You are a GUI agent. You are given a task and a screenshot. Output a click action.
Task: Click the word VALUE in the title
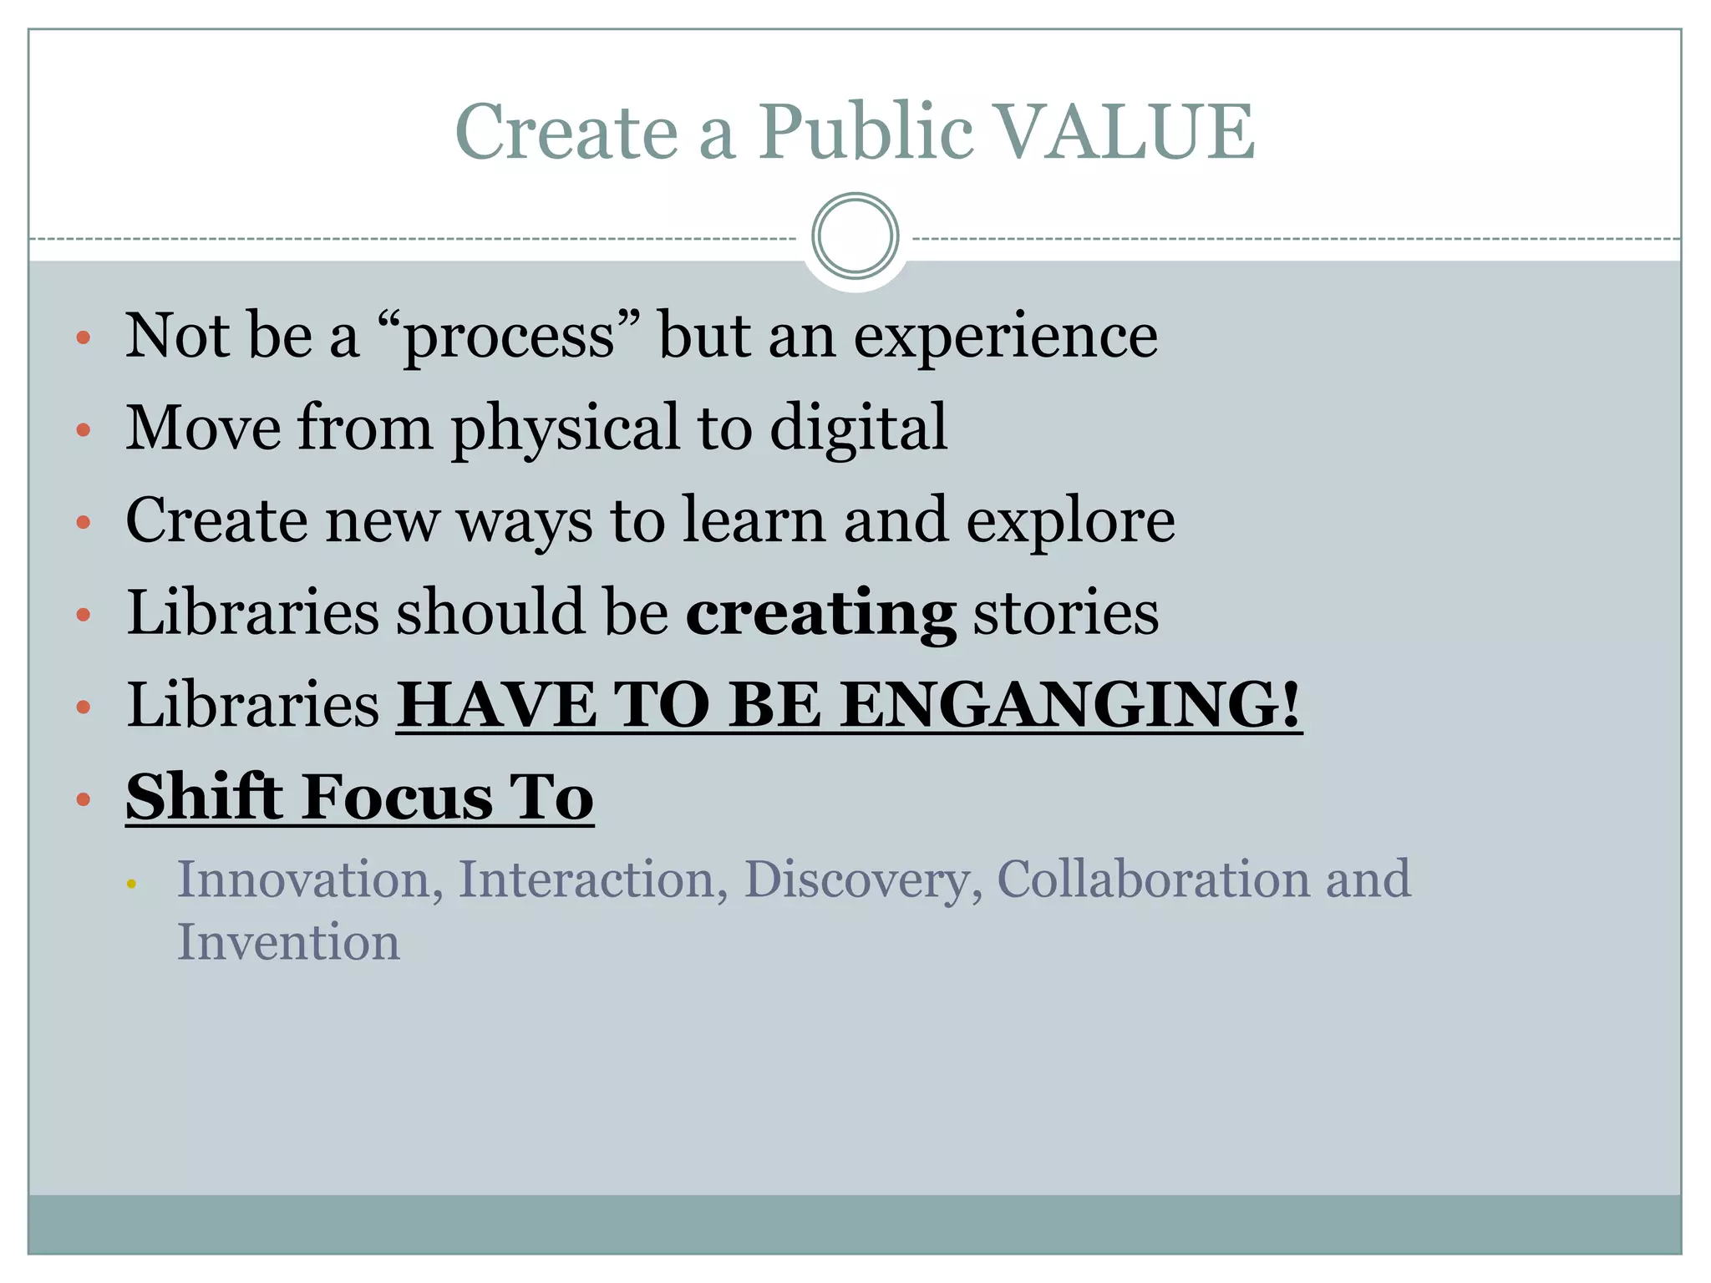click(x=1126, y=131)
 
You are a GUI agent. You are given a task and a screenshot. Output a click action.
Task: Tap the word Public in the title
click(x=865, y=131)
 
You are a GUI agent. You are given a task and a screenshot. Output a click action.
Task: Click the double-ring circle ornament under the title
click(x=855, y=236)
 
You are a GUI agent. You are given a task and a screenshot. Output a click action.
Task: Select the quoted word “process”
click(x=509, y=336)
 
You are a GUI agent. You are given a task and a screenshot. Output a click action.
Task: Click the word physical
click(x=566, y=428)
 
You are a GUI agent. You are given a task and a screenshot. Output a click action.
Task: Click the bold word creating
click(x=820, y=613)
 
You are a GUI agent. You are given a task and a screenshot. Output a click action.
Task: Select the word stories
click(x=1065, y=613)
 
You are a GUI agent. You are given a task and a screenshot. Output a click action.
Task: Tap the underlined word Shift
click(x=204, y=797)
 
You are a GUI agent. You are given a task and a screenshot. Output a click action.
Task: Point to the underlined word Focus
click(x=397, y=797)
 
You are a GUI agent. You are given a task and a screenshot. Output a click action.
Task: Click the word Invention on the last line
click(x=288, y=942)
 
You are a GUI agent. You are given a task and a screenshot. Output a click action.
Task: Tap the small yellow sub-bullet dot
click(x=131, y=883)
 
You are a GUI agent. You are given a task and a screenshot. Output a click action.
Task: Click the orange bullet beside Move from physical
click(x=83, y=430)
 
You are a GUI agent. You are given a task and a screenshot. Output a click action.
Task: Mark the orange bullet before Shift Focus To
click(x=83, y=799)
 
